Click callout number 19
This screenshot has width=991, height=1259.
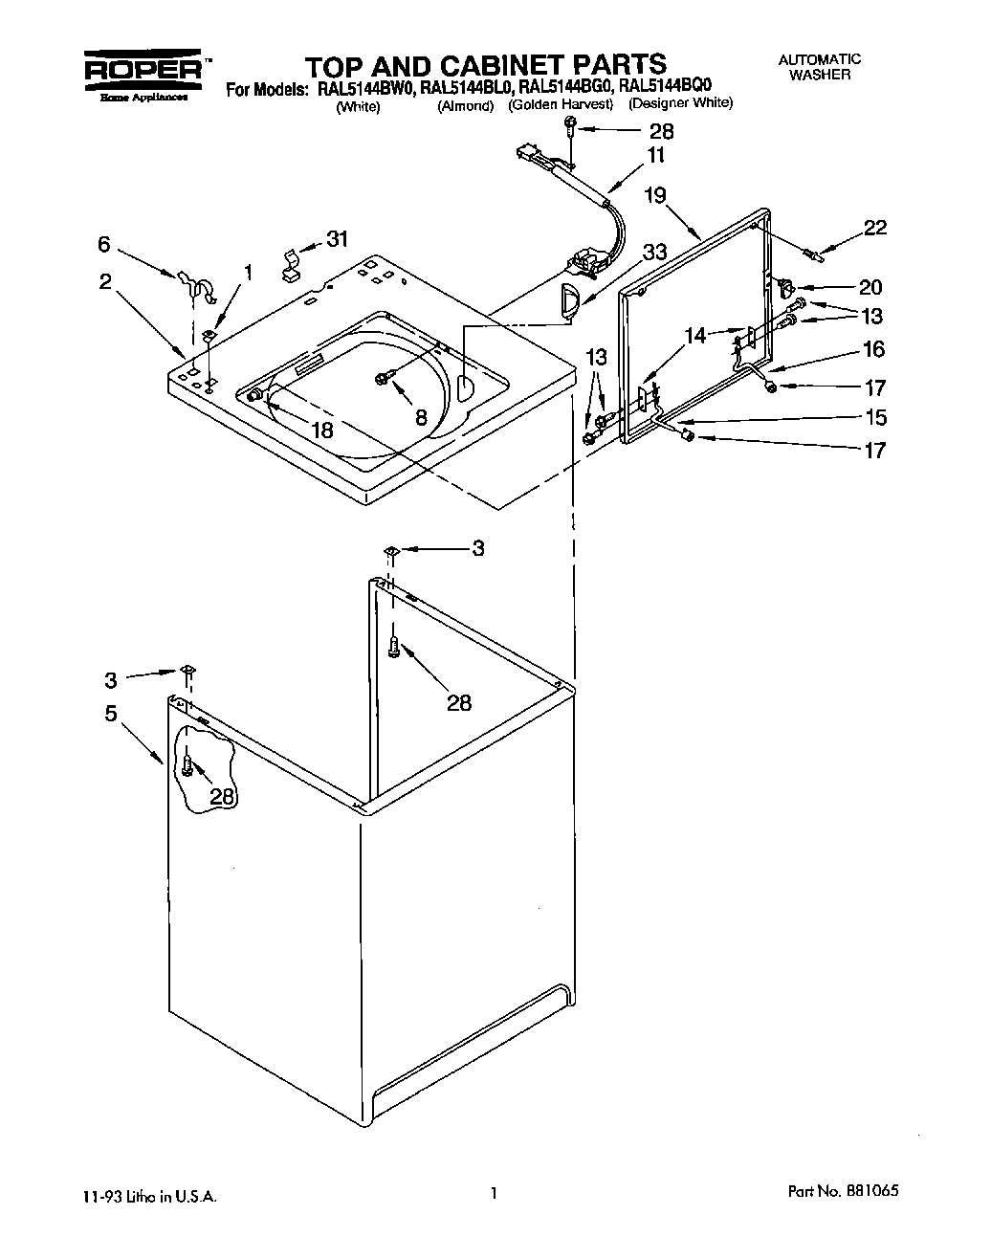(x=654, y=195)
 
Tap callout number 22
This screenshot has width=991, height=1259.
(x=874, y=228)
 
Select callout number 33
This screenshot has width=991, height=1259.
(x=654, y=253)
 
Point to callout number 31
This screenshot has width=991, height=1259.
(x=337, y=239)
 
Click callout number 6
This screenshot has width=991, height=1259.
(x=104, y=246)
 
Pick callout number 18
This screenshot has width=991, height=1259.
(x=322, y=431)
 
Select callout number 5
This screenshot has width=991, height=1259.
(x=111, y=714)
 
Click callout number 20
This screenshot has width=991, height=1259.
(x=870, y=287)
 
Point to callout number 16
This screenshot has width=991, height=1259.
(x=873, y=350)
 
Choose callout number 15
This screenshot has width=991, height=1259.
(x=874, y=418)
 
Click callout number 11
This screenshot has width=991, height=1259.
(x=655, y=155)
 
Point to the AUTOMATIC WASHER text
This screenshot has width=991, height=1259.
(x=821, y=67)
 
